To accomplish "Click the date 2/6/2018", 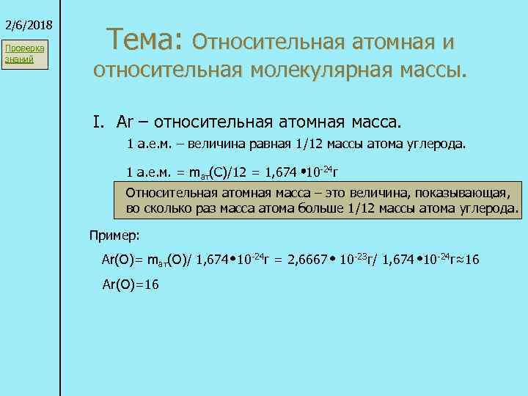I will pyautogui.click(x=27, y=24).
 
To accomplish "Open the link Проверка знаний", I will pyautogui.click(x=24, y=54).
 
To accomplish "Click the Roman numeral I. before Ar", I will pyautogui.click(x=99, y=120).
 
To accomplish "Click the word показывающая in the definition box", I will pyautogui.click(x=466, y=193).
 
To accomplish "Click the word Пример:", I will pyautogui.click(x=114, y=235).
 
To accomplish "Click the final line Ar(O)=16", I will pyautogui.click(x=131, y=285).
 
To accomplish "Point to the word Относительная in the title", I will pyautogui.click(x=268, y=41).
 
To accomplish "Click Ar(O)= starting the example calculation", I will pyautogui.click(x=122, y=260).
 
